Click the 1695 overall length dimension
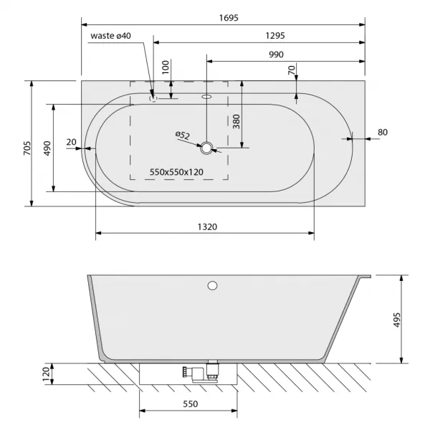click(x=229, y=18)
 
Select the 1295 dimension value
click(x=275, y=36)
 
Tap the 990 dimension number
click(x=276, y=54)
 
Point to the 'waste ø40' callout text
click(x=111, y=36)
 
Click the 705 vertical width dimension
click(x=27, y=148)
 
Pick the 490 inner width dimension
click(x=47, y=148)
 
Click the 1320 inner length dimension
click(x=207, y=227)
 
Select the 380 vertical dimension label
click(x=236, y=122)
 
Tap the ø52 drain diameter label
click(x=183, y=135)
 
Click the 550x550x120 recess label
click(x=176, y=172)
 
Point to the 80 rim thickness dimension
click(x=383, y=132)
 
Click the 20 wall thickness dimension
click(x=71, y=142)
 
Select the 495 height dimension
click(x=397, y=320)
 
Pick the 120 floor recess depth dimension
click(x=46, y=374)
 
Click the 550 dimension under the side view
click(x=191, y=403)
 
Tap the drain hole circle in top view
click(x=206, y=148)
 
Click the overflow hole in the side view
click(x=212, y=285)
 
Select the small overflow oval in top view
click(x=207, y=97)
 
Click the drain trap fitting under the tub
click(x=201, y=371)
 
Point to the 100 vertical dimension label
click(x=166, y=67)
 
